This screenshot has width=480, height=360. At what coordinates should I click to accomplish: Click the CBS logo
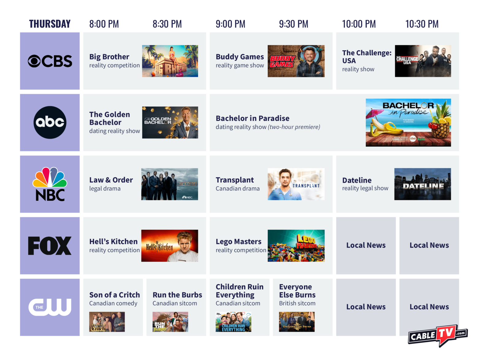pos(50,61)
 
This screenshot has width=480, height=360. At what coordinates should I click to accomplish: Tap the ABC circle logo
pos(50,122)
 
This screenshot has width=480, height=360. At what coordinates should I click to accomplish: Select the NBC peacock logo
pos(50,184)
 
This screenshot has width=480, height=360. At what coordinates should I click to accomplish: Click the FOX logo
pos(50,246)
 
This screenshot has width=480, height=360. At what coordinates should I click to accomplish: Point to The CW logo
pos(50,307)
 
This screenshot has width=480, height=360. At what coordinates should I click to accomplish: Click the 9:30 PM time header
pos(294,24)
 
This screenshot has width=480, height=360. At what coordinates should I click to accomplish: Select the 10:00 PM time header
pos(359,24)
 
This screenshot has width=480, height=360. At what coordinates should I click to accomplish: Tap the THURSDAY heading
pos(50,24)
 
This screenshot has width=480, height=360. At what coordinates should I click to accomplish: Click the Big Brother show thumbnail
pos(170,61)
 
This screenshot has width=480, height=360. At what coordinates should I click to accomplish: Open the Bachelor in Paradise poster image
pos(408,122)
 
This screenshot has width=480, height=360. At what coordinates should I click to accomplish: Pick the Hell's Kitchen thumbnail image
pos(170,246)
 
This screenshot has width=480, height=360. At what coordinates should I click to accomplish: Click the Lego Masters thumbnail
pos(296,246)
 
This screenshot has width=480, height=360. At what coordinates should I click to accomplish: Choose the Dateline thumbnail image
pos(422,184)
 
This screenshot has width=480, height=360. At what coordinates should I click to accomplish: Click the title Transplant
pos(235,180)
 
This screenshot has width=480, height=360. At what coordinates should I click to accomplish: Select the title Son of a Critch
pos(114,295)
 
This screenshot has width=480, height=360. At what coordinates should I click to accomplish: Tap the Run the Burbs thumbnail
pos(170,322)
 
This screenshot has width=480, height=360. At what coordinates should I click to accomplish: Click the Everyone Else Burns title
pos(297,291)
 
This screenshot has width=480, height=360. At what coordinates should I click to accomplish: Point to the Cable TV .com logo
pos(438,335)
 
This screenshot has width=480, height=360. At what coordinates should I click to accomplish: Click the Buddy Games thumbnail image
pos(296,61)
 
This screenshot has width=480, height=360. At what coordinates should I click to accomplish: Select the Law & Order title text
pos(111,180)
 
